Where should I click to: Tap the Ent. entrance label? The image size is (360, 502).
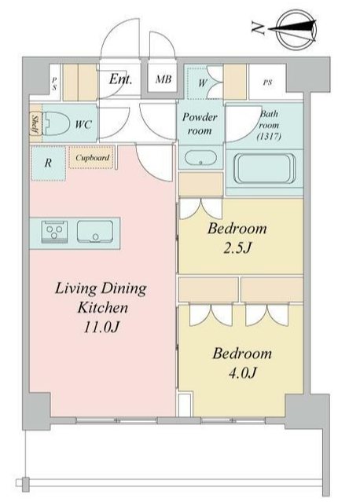tap(120, 79)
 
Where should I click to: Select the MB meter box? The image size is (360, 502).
tap(163, 79)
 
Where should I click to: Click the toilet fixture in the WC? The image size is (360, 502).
tap(57, 124)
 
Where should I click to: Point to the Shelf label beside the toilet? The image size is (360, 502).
tap(35, 125)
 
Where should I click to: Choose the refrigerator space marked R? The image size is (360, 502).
tap(49, 163)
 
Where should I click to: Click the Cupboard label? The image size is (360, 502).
tap(92, 158)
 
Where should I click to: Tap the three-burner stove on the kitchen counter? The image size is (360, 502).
tap(54, 232)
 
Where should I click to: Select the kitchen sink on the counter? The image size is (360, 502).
tap(95, 232)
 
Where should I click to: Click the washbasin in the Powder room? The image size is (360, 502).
tap(200, 158)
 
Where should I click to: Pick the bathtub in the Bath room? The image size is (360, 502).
tap(265, 168)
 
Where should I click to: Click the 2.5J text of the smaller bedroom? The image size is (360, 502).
tap(237, 247)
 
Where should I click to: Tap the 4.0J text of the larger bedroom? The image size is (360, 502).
tap(242, 372)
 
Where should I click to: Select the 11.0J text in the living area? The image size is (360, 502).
tap(101, 327)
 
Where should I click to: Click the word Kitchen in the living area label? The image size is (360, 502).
tap(103, 308)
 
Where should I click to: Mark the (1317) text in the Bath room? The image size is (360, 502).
tap(269, 137)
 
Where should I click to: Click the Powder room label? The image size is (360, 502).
tap(200, 123)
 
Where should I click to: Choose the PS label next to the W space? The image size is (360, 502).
tap(267, 82)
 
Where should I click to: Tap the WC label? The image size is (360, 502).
tap(83, 124)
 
